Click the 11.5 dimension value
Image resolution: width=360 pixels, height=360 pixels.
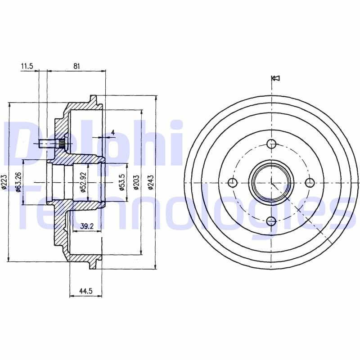(x=27, y=66)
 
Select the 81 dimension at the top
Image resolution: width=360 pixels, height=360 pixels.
(x=76, y=66)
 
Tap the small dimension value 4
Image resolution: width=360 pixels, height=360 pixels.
(x=113, y=132)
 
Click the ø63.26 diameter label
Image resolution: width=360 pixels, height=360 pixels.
(x=18, y=182)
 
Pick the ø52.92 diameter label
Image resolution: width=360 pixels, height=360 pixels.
(x=83, y=182)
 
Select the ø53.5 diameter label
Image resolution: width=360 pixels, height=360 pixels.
(x=122, y=182)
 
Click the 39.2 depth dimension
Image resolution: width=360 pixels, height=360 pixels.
(x=86, y=227)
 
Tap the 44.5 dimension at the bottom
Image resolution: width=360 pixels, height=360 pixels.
(x=85, y=291)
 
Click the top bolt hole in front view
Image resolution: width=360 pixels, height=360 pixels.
(x=271, y=144)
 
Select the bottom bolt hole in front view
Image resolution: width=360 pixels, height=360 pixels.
(x=271, y=221)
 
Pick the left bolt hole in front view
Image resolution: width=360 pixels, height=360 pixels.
(x=233, y=182)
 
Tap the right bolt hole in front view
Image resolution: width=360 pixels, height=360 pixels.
(x=310, y=182)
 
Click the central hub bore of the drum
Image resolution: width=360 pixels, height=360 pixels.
(x=271, y=182)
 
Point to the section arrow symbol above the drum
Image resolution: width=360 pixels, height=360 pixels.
(x=276, y=78)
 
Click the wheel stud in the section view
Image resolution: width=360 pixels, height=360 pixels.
(x=50, y=144)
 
